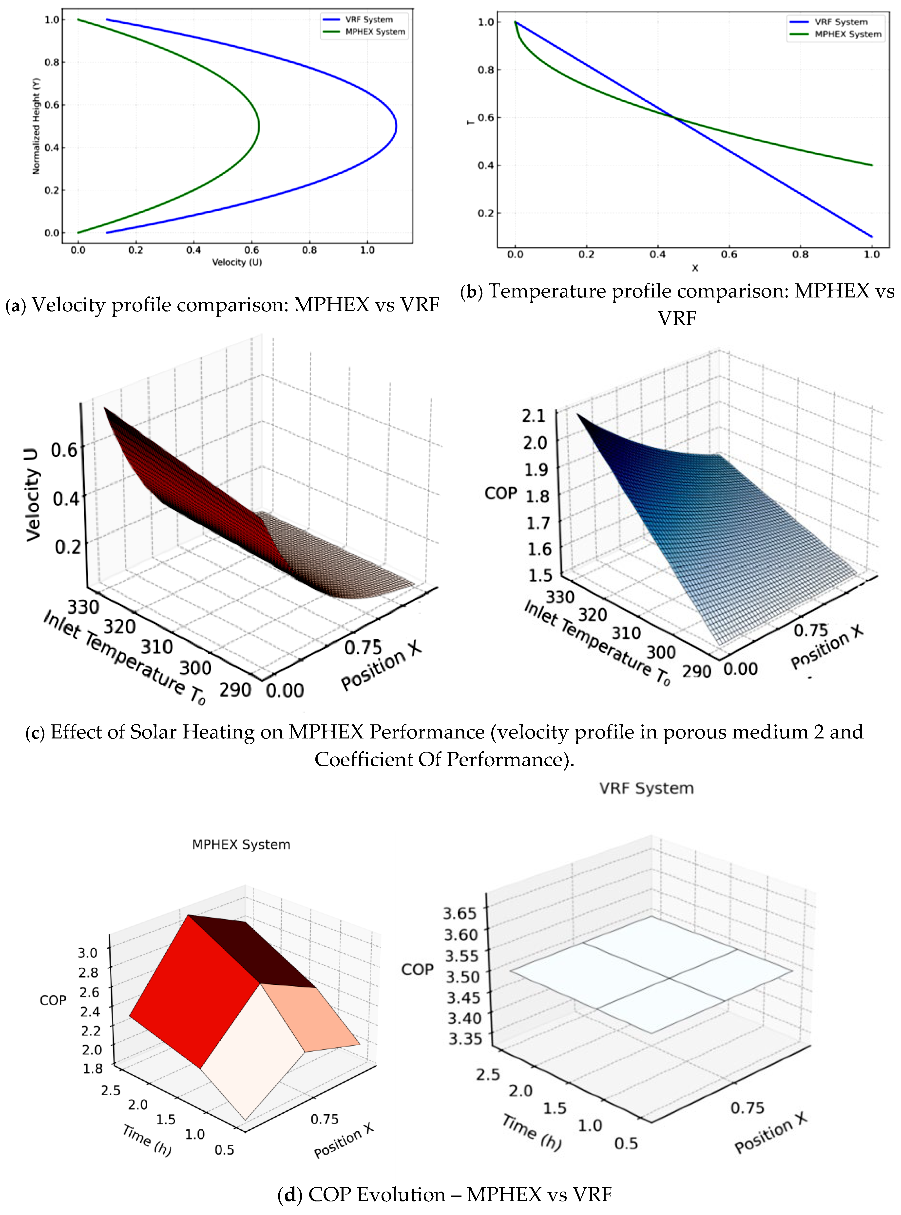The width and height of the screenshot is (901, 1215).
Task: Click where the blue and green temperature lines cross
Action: (x=675, y=117)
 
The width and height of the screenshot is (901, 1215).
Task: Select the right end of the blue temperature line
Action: (x=872, y=237)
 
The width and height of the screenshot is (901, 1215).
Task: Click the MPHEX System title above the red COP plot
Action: (x=241, y=844)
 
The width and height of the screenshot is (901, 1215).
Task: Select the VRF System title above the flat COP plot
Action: (x=646, y=788)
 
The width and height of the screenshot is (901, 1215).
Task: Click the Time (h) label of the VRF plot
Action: (x=532, y=1133)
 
